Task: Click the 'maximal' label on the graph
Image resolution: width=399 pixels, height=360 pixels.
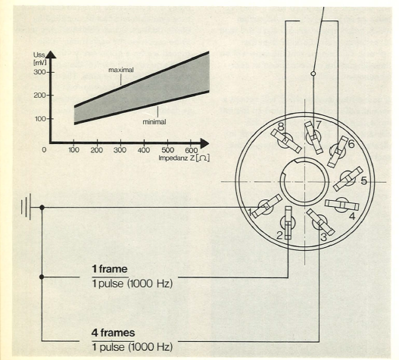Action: tap(121, 70)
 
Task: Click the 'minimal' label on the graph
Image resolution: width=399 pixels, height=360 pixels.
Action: tap(154, 122)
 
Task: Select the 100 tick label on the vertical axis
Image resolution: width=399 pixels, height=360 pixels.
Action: tap(40, 119)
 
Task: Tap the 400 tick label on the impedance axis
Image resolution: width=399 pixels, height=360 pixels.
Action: tap(144, 150)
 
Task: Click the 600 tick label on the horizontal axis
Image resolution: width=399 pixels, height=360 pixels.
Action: tap(191, 150)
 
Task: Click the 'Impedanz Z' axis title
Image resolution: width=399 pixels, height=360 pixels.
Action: tap(177, 158)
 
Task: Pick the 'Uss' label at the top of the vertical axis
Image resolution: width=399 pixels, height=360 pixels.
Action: tap(39, 55)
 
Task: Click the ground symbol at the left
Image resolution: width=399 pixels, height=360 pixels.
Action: tap(26, 207)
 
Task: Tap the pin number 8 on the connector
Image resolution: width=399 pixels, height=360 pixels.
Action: tap(281, 127)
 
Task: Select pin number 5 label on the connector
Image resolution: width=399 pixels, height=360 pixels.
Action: tap(364, 181)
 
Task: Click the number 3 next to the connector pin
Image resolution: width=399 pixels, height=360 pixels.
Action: tap(323, 237)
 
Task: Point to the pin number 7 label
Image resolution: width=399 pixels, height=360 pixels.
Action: tap(318, 125)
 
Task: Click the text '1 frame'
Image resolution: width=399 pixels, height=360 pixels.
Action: tap(110, 269)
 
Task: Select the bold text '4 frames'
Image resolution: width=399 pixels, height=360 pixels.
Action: tap(114, 333)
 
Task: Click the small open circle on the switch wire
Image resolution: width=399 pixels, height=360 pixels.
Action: tap(313, 74)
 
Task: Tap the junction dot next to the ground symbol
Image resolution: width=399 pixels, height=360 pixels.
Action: tap(42, 208)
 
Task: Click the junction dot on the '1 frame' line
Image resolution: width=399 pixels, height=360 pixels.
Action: tap(42, 277)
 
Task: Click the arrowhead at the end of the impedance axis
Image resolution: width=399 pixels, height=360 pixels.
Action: tap(204, 143)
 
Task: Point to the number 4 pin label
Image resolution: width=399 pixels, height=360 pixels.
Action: tap(352, 216)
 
